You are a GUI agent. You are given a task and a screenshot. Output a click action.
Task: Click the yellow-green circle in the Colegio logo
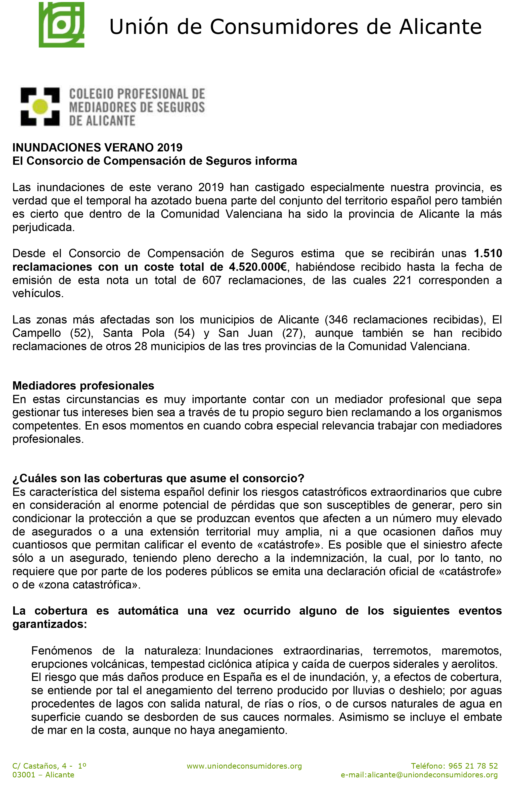click(x=40, y=107)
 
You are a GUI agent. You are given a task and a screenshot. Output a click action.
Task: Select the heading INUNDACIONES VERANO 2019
click(x=97, y=148)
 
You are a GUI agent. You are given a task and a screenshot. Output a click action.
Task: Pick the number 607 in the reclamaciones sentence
click(x=212, y=280)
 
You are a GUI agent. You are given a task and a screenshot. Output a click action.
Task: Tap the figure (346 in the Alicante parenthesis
click(x=336, y=319)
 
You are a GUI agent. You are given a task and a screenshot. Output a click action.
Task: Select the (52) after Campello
click(x=81, y=333)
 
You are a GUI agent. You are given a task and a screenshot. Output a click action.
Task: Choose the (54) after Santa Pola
click(x=184, y=333)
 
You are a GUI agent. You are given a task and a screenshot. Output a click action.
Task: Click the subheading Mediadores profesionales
click(x=83, y=386)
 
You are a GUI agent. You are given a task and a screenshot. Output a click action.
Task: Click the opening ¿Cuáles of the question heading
click(x=32, y=478)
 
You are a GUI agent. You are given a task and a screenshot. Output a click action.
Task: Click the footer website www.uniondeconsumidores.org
click(x=244, y=766)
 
